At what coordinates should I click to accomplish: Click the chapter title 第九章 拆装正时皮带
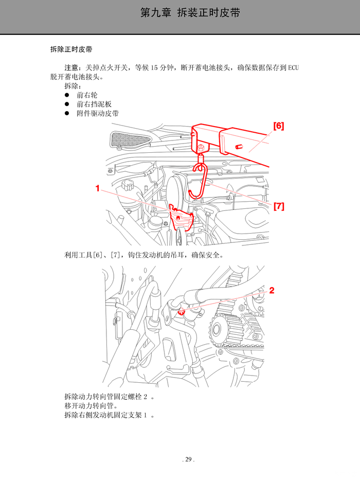(190, 13)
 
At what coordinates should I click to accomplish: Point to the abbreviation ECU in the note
(294, 68)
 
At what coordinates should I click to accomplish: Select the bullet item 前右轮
(87, 95)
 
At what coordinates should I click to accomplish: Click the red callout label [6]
(278, 126)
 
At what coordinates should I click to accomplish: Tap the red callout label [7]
(278, 206)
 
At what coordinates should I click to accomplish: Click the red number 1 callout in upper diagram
(97, 189)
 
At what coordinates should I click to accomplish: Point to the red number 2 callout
(272, 291)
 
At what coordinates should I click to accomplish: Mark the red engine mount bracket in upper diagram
(183, 218)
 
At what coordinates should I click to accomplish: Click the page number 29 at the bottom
(188, 459)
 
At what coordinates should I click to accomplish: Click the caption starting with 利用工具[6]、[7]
(143, 255)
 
